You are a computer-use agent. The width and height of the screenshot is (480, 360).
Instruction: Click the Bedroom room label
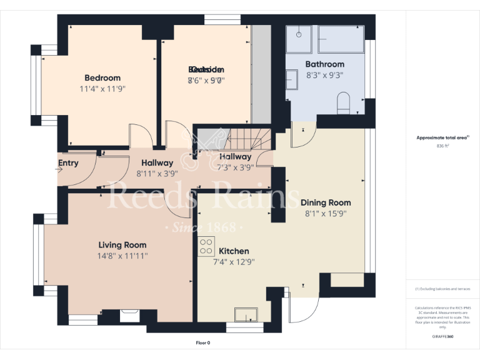click(102, 78)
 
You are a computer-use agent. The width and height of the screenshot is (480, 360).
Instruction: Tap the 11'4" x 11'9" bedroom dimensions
click(102, 89)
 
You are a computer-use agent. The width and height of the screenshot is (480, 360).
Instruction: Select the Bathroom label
click(324, 64)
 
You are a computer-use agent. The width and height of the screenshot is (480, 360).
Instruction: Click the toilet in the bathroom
click(343, 103)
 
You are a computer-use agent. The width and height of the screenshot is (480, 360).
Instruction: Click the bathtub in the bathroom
click(341, 39)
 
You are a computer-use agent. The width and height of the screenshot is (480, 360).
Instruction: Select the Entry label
click(68, 164)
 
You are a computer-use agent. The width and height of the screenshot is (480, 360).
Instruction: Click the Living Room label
click(122, 245)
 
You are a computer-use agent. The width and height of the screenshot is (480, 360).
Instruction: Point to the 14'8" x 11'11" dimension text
click(122, 256)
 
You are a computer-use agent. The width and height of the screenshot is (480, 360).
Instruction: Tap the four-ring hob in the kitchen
click(206, 246)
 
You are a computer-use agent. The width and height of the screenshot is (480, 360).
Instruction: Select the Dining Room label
click(326, 202)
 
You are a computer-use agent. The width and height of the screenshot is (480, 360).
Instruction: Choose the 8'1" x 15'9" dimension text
click(326, 213)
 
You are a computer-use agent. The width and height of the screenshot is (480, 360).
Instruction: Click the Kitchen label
click(234, 251)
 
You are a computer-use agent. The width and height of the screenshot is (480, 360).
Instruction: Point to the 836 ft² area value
click(442, 146)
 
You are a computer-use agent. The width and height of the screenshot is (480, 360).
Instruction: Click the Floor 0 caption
click(203, 342)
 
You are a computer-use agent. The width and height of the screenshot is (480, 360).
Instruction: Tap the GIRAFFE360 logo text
click(442, 336)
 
